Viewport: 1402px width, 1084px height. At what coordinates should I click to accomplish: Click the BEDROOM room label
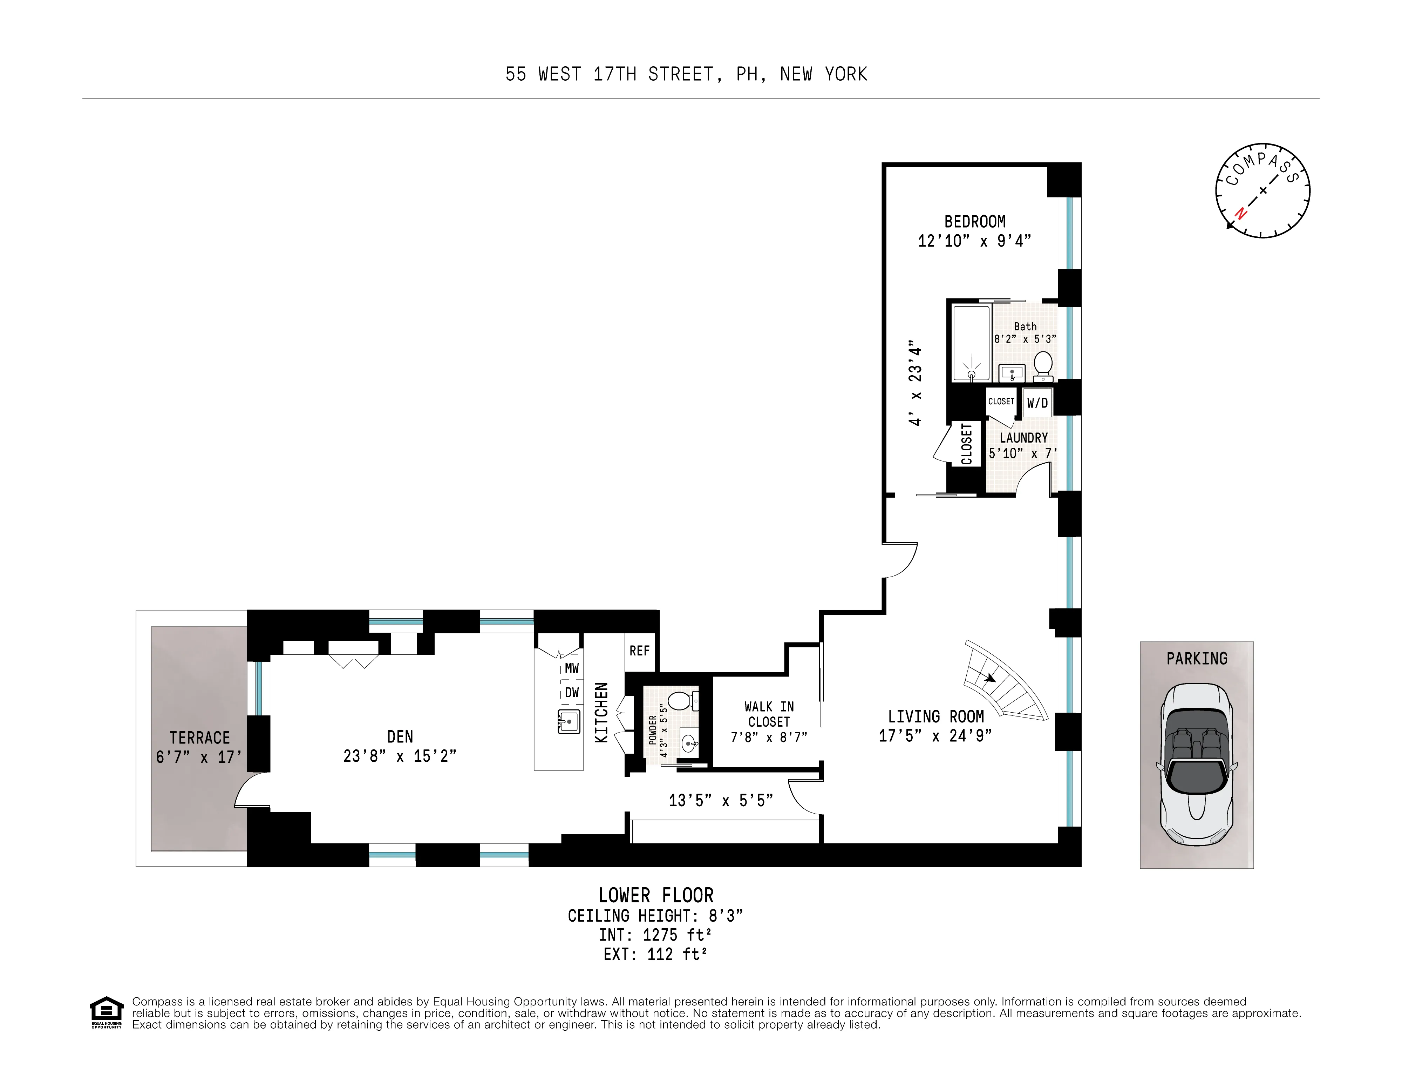pos(974,222)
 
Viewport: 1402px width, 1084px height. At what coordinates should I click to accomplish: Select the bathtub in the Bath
pos(971,344)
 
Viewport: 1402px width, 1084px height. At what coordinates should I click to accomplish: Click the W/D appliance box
pos(1037,403)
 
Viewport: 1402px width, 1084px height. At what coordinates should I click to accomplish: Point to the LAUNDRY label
pos(1023,438)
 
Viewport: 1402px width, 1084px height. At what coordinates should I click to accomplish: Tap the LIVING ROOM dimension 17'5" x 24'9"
pos(935,736)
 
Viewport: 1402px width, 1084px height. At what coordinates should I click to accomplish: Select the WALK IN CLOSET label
pos(769,714)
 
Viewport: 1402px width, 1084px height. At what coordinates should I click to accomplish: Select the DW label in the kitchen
pos(571,693)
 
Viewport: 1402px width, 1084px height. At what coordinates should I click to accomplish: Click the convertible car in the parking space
pos(1197,764)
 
